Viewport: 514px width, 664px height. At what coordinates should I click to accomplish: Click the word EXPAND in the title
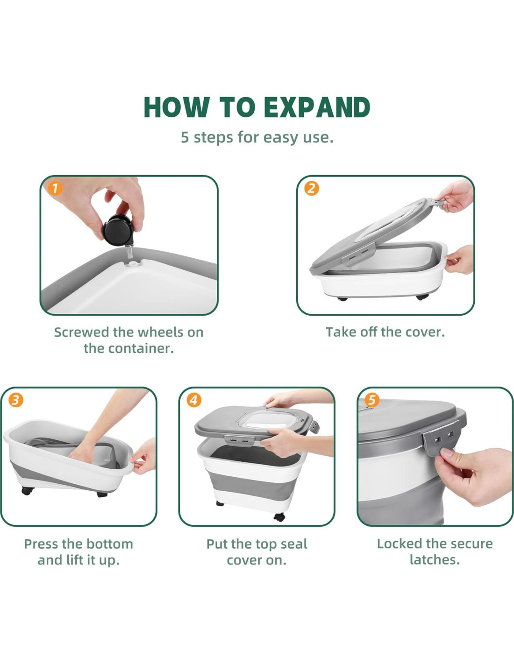coord(316,107)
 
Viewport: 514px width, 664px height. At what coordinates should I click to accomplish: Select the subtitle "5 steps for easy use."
coord(257,137)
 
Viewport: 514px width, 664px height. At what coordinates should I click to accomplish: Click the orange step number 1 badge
coord(55,189)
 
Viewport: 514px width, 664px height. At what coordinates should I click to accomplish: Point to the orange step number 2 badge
coord(311,189)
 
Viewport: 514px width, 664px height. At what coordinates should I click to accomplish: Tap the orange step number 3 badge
coord(15,400)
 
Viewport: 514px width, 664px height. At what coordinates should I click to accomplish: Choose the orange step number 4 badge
coord(194,400)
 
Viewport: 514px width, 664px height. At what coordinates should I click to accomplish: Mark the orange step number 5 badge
coord(372,400)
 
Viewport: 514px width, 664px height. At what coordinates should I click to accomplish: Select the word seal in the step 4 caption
coord(293,544)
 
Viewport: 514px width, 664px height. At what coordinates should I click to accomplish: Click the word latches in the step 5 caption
coord(435,560)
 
